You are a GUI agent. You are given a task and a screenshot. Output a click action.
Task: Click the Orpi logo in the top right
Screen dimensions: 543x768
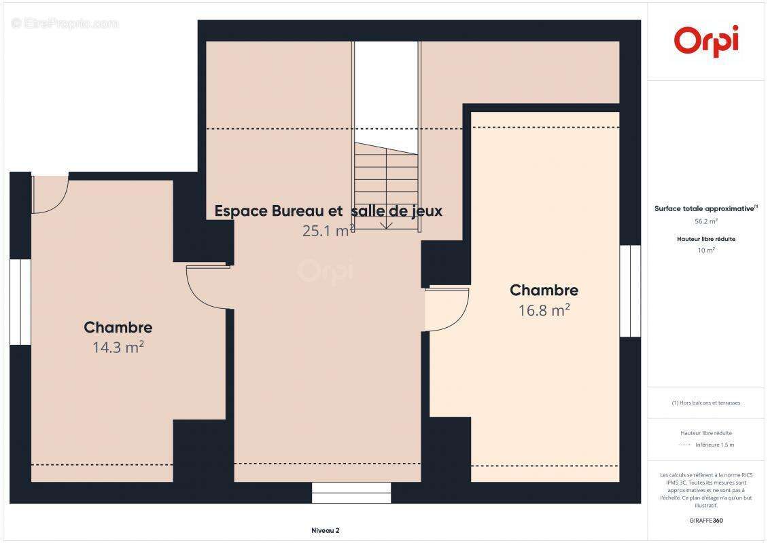tap(706, 41)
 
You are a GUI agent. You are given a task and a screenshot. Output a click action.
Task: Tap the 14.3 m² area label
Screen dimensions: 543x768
tap(118, 348)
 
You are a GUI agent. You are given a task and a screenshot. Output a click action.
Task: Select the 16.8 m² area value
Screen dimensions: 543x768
tap(544, 310)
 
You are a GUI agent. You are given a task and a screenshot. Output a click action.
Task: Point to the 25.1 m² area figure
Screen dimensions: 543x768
tap(328, 231)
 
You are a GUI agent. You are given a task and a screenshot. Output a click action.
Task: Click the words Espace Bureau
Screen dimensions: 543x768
tap(279, 211)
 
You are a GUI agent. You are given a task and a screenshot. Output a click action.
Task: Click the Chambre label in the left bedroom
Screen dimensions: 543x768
tap(118, 328)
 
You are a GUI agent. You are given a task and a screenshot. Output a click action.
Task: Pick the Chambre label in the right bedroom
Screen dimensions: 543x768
tap(544, 291)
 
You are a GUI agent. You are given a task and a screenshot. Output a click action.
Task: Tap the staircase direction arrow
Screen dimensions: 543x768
tap(386, 224)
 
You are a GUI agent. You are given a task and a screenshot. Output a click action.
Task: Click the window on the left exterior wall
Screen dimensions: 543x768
tap(20, 301)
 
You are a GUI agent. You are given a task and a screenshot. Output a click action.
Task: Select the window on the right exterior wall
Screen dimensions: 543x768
tap(630, 291)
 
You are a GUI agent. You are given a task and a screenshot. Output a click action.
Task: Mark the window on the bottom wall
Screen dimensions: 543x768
tap(351, 492)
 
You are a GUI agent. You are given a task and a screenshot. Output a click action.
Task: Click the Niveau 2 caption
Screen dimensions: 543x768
tap(325, 530)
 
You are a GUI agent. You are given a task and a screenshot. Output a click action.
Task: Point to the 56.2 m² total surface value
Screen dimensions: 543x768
tap(706, 221)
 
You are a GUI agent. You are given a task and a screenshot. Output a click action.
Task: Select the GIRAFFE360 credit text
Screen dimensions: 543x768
tap(706, 521)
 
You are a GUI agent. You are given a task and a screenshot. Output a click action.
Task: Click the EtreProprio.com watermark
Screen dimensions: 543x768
tap(65, 23)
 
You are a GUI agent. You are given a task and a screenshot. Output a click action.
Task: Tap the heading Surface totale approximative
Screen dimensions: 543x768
tap(705, 209)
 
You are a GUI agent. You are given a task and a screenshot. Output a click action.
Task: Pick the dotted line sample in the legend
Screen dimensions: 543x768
tap(684, 445)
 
